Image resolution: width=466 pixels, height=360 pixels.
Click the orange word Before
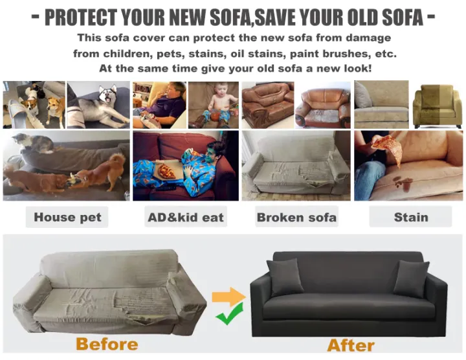[x=107, y=344]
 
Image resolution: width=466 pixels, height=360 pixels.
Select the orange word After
[x=351, y=344]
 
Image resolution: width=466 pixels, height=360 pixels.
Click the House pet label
[x=67, y=217]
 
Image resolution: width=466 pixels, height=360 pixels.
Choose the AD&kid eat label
[x=185, y=217]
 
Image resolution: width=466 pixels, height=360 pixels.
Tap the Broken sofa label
[x=296, y=217]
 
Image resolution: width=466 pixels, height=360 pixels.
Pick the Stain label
[x=410, y=217]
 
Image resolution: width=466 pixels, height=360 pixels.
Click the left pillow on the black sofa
[x=285, y=277]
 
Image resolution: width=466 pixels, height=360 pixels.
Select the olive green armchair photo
[x=437, y=105]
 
